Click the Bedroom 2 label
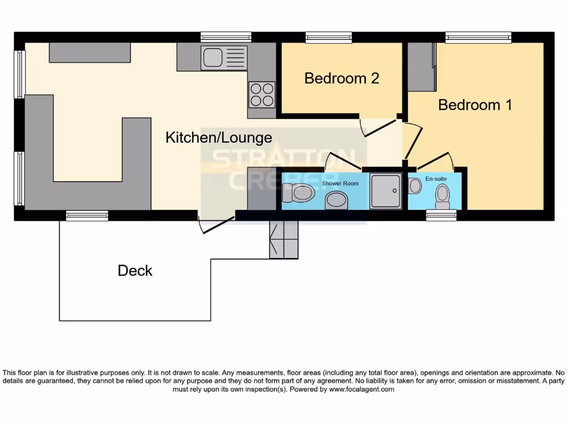[342, 78]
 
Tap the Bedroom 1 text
[475, 105]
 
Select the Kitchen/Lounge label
[219, 137]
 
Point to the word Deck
[135, 271]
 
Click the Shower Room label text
[340, 183]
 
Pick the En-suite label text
[435, 179]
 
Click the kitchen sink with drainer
[224, 57]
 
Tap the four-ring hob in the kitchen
[261, 94]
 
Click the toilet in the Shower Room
[298, 193]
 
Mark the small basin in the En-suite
[415, 186]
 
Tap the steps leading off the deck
[283, 239]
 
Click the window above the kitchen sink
[225, 37]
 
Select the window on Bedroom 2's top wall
[328, 37]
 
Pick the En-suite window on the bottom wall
[441, 215]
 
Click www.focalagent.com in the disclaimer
[360, 389]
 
